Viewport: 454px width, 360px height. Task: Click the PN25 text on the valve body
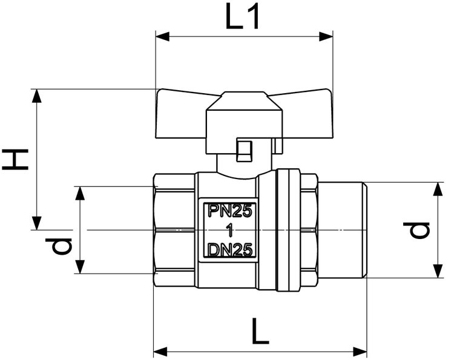coord(229,211)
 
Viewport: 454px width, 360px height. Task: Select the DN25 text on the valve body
coord(229,250)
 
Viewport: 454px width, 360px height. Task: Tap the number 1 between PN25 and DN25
coord(229,231)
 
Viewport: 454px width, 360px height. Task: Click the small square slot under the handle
coord(244,151)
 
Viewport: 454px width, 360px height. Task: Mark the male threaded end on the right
coord(343,230)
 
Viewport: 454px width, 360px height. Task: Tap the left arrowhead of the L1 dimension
coord(161,36)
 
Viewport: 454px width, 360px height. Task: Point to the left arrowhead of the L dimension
coord(159,350)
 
